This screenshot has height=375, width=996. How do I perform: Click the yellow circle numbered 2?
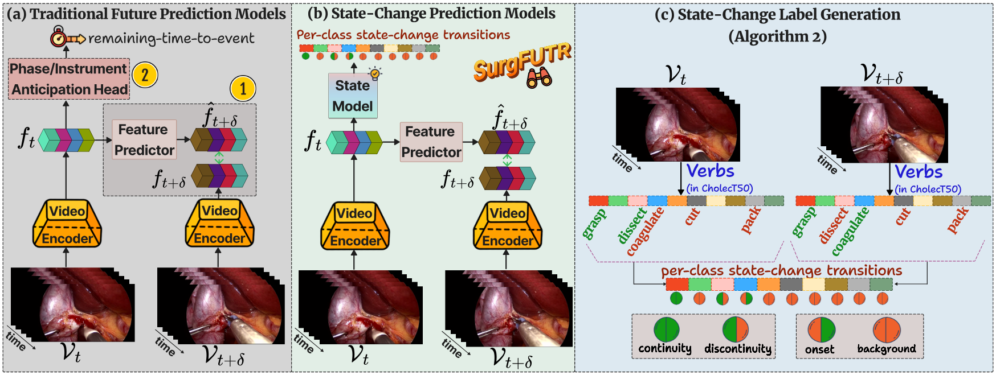[145, 75]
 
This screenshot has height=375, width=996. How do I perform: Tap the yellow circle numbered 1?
[243, 88]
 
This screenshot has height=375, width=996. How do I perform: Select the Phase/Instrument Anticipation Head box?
[69, 79]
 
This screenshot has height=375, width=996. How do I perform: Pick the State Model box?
[353, 96]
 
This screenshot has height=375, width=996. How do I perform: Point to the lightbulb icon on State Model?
[374, 73]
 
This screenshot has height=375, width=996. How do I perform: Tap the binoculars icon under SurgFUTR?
[538, 78]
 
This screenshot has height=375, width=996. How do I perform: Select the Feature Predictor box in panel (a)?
[144, 139]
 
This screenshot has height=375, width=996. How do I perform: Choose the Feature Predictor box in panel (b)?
[431, 142]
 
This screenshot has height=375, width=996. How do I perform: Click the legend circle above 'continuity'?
[666, 329]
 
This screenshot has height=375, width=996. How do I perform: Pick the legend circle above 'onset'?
[821, 330]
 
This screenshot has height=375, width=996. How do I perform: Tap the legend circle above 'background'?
[886, 330]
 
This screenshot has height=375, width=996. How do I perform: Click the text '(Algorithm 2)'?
[777, 36]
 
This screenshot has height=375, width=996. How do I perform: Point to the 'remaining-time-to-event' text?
[171, 38]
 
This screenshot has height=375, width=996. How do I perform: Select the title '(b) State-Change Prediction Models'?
[431, 13]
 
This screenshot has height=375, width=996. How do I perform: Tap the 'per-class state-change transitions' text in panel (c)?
[781, 270]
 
